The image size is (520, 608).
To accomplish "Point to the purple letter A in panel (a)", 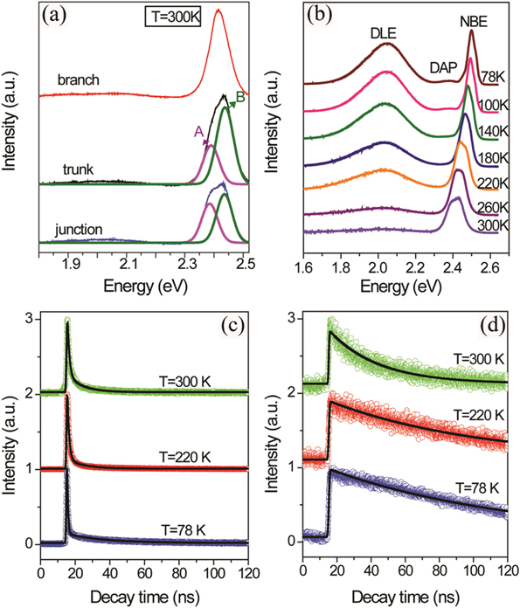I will pos(199,131).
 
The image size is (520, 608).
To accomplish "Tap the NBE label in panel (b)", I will pos(473,16).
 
